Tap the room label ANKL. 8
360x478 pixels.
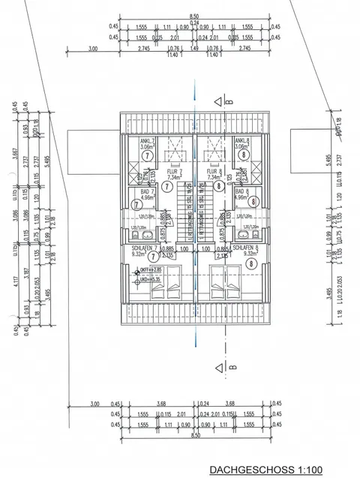[241, 141]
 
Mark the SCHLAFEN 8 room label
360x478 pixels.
[245, 246]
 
